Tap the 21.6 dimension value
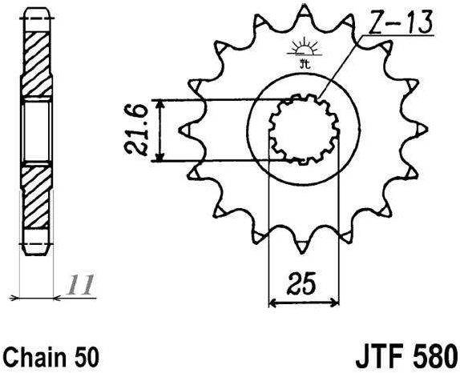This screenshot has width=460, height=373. point(139,130)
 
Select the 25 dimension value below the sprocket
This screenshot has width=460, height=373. point(302,284)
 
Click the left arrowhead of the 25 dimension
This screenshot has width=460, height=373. point(272,303)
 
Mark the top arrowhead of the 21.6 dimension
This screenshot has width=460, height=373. point(163,105)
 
